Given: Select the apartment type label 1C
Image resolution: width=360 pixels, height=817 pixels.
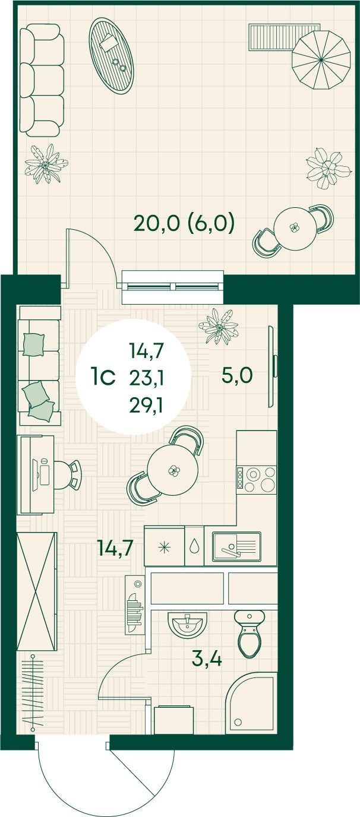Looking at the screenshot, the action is [103, 378].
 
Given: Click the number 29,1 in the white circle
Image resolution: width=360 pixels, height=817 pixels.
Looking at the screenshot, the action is [146, 404].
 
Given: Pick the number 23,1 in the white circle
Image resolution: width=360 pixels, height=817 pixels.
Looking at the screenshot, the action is [146, 378].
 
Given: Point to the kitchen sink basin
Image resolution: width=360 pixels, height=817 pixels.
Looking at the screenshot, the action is [237, 546].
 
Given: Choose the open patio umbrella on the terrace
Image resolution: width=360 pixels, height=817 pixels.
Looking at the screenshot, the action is [321, 59].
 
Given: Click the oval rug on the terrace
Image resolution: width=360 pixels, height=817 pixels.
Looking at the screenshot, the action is [111, 56].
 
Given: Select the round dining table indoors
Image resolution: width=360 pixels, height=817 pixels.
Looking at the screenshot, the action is [172, 470].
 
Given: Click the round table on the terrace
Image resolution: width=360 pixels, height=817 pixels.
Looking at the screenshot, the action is [294, 229].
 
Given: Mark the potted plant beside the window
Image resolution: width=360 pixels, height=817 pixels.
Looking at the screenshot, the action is [219, 326].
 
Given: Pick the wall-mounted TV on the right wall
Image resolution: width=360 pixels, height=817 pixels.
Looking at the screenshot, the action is [273, 366].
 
